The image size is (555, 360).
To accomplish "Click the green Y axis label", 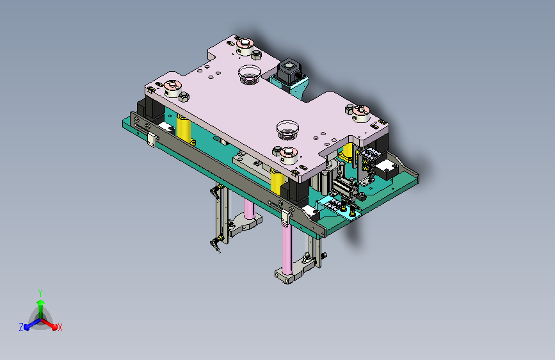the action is coord(40,293).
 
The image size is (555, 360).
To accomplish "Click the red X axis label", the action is coord(60,328).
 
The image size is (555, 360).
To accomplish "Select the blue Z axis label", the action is coord(21,327).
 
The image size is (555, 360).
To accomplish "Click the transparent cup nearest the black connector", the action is coord(250,74).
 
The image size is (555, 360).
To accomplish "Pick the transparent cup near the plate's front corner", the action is coord(287,130).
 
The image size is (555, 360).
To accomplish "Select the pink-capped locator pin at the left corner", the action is coord(172,88).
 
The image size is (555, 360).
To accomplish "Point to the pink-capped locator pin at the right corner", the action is coord(361,113).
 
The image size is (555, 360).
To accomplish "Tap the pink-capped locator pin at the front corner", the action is coord(289,156).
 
